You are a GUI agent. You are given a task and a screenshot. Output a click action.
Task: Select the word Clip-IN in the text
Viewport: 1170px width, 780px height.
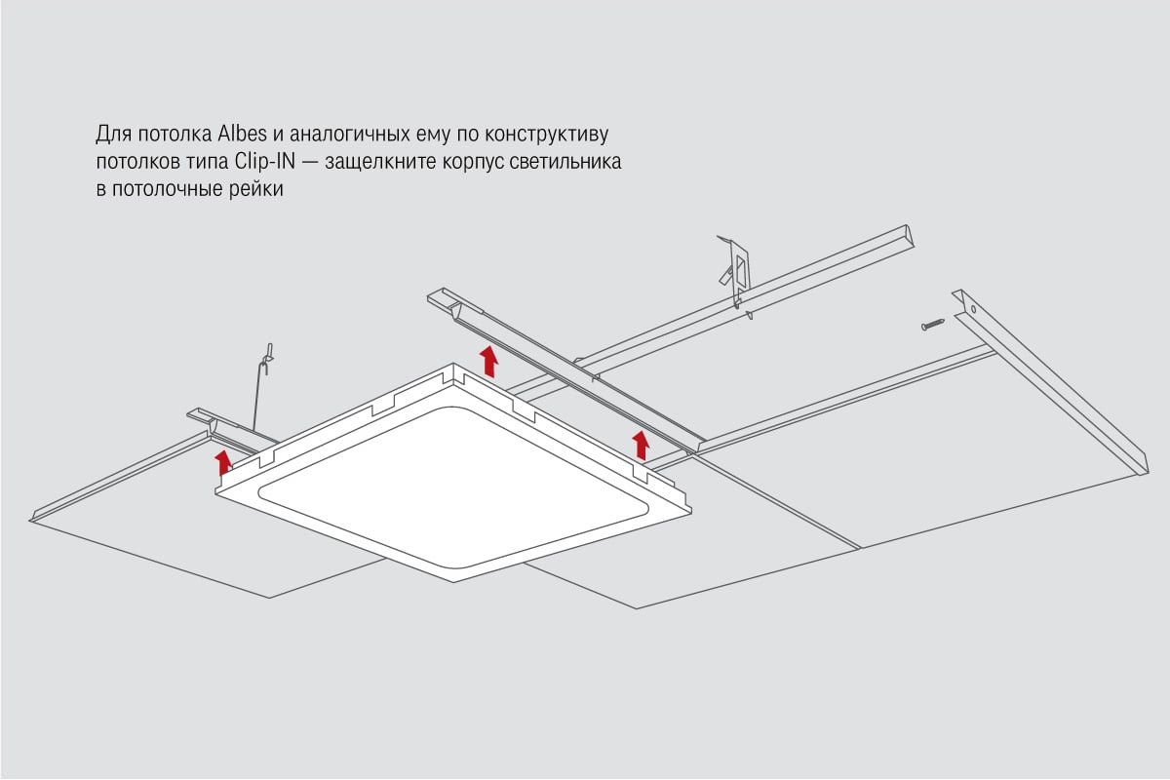[x=265, y=162]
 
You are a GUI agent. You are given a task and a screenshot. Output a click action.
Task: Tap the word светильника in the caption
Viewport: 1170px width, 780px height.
[x=565, y=162]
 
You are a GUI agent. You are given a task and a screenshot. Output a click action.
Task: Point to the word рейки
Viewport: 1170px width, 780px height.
[x=255, y=189]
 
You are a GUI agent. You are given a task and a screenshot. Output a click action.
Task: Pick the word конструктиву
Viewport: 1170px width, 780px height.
[x=546, y=136]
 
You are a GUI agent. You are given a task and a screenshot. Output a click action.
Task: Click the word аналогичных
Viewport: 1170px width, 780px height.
[x=349, y=135]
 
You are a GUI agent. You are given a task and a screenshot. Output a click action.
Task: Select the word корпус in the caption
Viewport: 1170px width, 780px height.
[x=473, y=163]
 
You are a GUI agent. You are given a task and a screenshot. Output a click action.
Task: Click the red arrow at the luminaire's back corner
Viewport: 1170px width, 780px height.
[x=488, y=361]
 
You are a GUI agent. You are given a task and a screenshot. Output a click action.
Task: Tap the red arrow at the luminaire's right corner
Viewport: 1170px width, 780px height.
[x=641, y=446]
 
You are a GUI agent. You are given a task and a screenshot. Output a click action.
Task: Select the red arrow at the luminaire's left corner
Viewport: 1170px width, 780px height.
[x=223, y=463]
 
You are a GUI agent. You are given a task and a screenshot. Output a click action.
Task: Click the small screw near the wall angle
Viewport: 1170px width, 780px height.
[x=932, y=325]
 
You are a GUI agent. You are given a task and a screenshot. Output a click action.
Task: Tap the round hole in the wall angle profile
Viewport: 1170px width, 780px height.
[x=974, y=309]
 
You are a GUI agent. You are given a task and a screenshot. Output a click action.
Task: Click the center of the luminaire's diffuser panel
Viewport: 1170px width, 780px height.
[x=453, y=487]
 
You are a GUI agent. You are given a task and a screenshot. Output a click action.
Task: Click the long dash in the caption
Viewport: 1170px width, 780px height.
[x=310, y=163]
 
